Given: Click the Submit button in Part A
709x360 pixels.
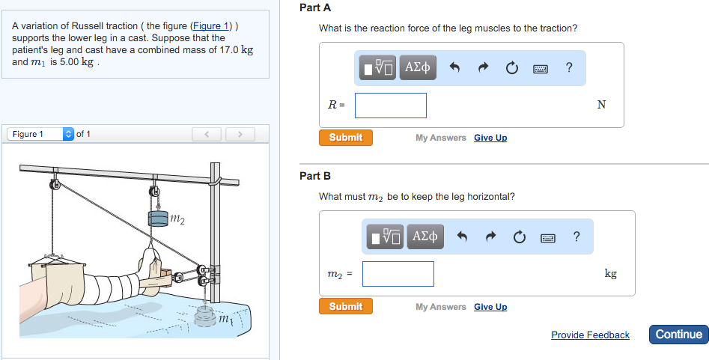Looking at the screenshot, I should (345, 138).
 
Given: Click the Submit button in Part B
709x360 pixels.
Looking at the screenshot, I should (345, 307).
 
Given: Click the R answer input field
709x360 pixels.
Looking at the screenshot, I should (390, 106).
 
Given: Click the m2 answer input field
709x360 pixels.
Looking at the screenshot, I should (398, 274).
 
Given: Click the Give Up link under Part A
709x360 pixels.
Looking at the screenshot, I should (490, 138).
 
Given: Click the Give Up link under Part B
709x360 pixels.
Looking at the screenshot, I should (490, 307).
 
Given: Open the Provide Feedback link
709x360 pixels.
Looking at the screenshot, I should (590, 335).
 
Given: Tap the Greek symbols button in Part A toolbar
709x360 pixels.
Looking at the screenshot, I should (417, 68).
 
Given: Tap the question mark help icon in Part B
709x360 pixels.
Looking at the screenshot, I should (576, 237).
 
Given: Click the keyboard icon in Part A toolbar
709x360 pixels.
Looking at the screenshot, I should (541, 69).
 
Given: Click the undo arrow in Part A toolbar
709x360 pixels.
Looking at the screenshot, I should (454, 69).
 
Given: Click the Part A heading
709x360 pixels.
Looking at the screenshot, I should (314, 7).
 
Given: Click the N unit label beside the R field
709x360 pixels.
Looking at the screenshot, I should (601, 106).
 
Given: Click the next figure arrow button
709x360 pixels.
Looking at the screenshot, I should (240, 135).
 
